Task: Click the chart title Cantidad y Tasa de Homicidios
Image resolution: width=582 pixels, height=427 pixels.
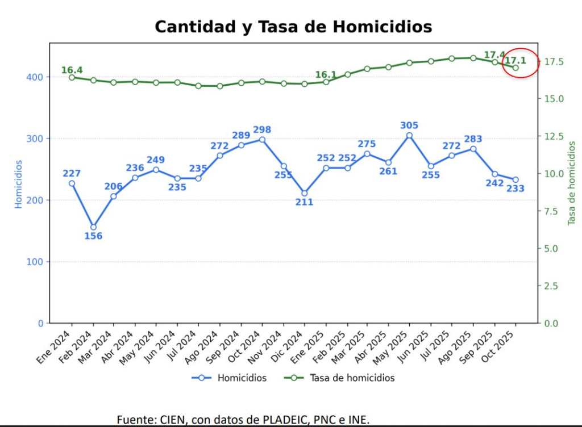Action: (x=293, y=27)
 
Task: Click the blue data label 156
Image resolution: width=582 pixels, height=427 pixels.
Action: (x=93, y=236)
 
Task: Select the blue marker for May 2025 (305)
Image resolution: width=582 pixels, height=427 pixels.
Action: (x=409, y=136)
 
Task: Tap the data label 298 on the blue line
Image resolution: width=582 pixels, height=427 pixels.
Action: (x=262, y=128)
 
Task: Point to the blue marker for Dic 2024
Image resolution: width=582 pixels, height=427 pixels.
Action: (x=305, y=193)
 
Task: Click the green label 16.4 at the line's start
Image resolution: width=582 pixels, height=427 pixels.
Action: (x=72, y=70)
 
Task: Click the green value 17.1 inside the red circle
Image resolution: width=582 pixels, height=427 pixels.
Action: (x=516, y=60)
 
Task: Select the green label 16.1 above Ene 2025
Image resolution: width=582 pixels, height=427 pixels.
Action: (x=326, y=74)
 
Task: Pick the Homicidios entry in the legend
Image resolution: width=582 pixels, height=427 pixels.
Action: (x=242, y=378)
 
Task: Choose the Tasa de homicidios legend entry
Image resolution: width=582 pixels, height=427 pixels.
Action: (x=352, y=378)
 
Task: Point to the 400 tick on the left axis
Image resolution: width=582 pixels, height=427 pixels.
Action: (x=36, y=77)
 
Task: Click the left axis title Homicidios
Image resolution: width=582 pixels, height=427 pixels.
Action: (x=19, y=184)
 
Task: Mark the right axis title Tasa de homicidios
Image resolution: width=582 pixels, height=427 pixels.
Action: (x=572, y=183)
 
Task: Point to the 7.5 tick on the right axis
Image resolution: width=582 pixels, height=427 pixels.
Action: (x=552, y=211)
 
